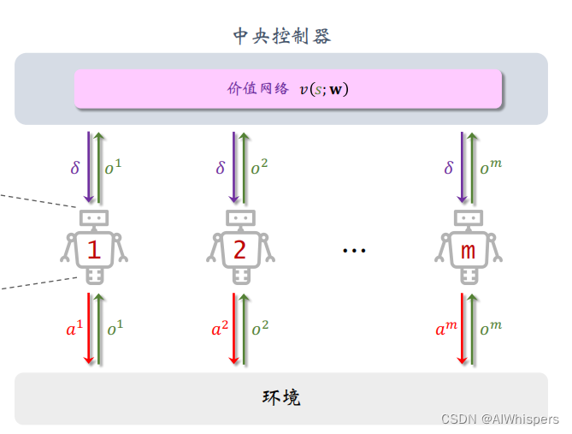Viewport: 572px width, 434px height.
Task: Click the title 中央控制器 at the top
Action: tap(281, 36)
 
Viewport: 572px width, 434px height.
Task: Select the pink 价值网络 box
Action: tap(287, 89)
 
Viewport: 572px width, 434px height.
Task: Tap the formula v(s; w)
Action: tap(324, 89)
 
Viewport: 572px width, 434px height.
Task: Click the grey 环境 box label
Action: tap(280, 397)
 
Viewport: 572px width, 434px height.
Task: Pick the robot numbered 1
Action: tap(94, 247)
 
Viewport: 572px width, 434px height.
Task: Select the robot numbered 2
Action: tap(239, 247)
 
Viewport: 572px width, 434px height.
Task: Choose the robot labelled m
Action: tap(468, 247)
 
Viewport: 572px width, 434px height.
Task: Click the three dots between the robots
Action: tap(354, 250)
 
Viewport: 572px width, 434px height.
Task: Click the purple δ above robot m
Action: tap(449, 168)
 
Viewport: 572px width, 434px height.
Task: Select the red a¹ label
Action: tap(74, 329)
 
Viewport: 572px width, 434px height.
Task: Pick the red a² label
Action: tap(220, 329)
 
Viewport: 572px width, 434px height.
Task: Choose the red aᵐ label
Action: tap(447, 329)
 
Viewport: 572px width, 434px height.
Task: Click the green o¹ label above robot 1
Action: tap(113, 168)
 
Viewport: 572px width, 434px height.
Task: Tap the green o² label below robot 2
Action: tap(258, 329)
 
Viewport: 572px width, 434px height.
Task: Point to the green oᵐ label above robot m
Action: tap(490, 168)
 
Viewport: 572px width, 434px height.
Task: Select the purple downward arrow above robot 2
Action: tap(233, 167)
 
